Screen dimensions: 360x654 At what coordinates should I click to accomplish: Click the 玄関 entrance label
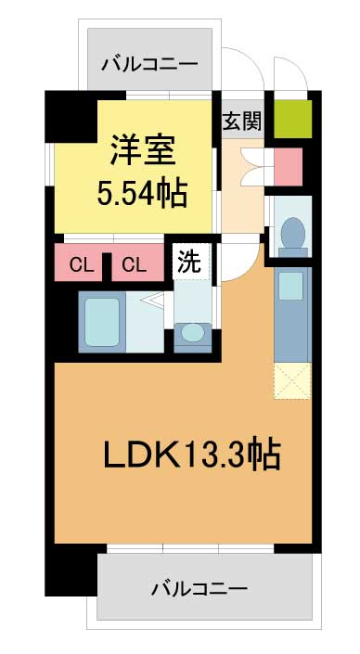(242, 122)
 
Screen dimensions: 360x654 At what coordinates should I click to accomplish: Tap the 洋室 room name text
(142, 151)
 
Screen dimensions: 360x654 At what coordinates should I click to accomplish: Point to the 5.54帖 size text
(141, 194)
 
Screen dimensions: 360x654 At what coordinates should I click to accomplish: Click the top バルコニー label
(149, 65)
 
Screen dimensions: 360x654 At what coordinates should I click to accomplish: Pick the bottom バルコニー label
(199, 589)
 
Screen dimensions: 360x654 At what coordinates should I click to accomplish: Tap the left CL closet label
(81, 265)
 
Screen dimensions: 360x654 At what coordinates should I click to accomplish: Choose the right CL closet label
(135, 265)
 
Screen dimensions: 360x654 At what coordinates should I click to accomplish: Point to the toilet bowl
(293, 233)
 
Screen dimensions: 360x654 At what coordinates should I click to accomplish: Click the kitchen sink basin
(290, 286)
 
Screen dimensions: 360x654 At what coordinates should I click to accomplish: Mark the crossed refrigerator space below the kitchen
(292, 381)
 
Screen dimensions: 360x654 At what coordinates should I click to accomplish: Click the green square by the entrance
(293, 119)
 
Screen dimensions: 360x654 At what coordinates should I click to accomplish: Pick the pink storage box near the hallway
(289, 167)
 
